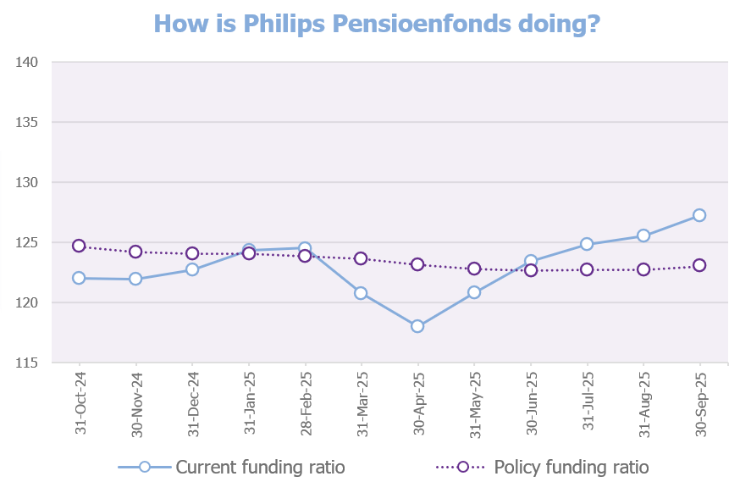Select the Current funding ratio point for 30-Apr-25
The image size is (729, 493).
(417, 326)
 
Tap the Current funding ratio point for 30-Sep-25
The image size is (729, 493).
(699, 215)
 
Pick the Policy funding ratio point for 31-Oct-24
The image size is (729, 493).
(79, 246)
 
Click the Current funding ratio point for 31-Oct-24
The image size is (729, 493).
(79, 278)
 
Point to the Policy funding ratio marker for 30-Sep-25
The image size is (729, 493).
(699, 265)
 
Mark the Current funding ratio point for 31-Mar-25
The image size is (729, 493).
(361, 293)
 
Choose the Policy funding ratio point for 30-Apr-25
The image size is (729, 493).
(417, 264)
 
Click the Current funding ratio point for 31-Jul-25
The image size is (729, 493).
(587, 244)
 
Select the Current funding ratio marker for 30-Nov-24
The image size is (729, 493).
(135, 279)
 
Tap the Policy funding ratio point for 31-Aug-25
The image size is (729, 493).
(643, 269)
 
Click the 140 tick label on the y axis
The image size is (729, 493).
(28, 63)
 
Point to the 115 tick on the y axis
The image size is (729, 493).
(28, 363)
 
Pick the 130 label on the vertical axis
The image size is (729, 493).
(28, 183)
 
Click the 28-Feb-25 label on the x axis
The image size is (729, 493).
(306, 402)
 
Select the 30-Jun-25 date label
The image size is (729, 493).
(531, 402)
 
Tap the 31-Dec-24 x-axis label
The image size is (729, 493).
(192, 402)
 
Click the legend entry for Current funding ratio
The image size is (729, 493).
(230, 467)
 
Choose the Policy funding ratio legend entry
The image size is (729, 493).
(542, 467)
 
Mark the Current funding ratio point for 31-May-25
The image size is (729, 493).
(474, 292)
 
